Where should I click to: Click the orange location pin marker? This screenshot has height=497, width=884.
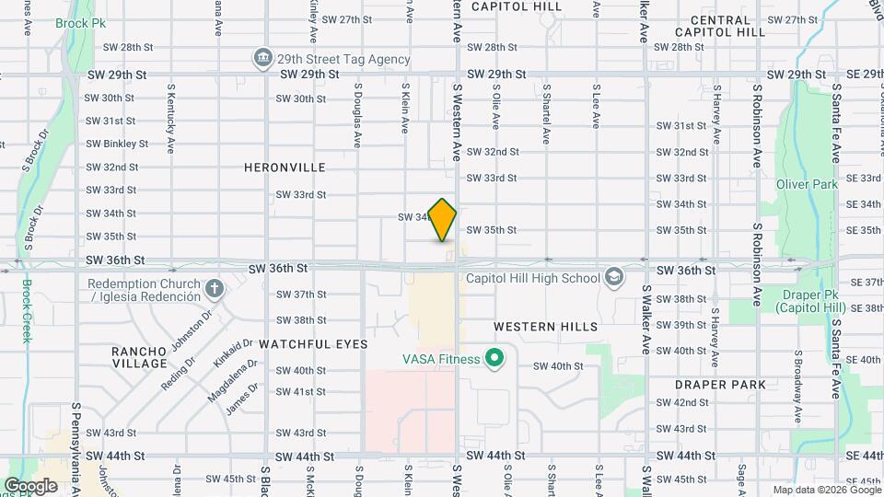[x=443, y=219]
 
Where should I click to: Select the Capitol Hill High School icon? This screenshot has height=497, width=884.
[x=614, y=277]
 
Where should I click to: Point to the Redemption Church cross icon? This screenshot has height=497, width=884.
[x=215, y=290]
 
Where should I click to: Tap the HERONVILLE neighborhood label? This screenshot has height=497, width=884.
[x=285, y=168]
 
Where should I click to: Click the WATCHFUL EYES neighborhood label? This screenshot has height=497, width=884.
[x=313, y=343]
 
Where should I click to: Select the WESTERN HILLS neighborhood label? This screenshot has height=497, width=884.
[x=545, y=327]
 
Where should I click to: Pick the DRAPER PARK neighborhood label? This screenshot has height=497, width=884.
[x=719, y=384]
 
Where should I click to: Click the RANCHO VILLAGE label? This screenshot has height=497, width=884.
[x=139, y=357]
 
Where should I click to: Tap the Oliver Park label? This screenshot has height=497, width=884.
[x=807, y=184]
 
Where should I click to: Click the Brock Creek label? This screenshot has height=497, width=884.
[x=26, y=310]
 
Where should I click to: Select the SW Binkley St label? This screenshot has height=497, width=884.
[x=117, y=144]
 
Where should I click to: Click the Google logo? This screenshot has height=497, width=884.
[x=30, y=485]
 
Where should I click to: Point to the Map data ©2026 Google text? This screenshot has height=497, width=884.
[x=825, y=490]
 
